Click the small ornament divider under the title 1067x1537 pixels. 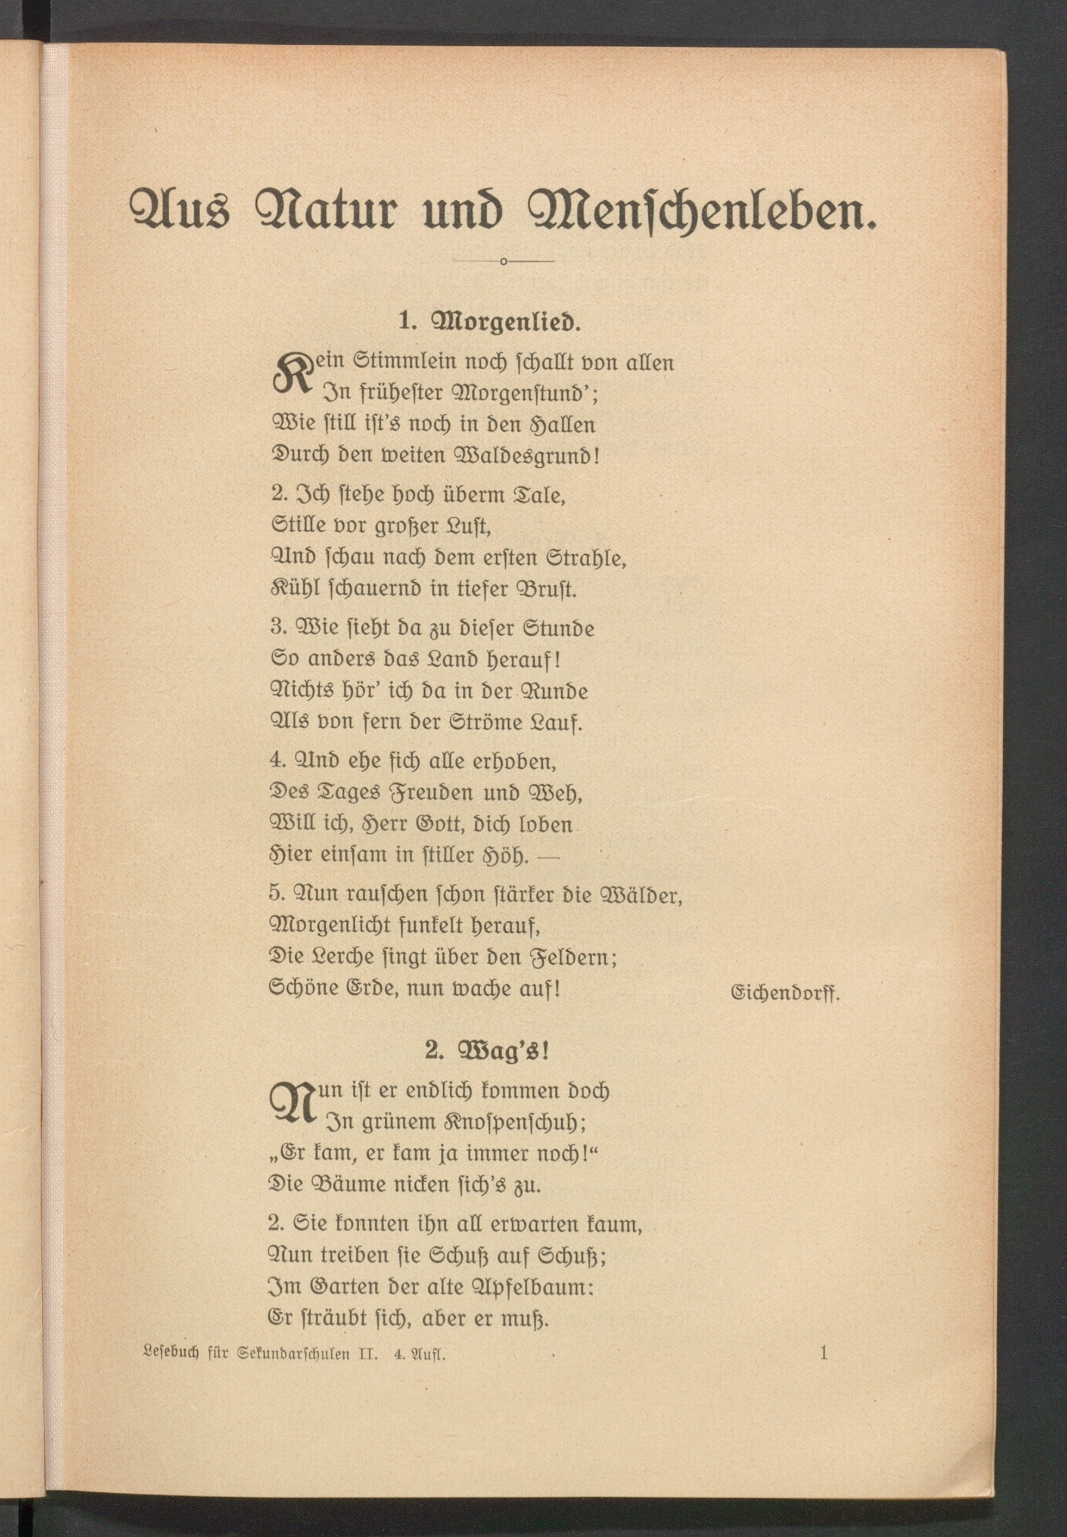point(503,261)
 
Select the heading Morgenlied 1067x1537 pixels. point(506,322)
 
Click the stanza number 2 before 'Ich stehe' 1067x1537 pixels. point(278,495)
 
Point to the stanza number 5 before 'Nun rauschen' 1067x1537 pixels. point(276,894)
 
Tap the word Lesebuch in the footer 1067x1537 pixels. point(171,1355)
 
